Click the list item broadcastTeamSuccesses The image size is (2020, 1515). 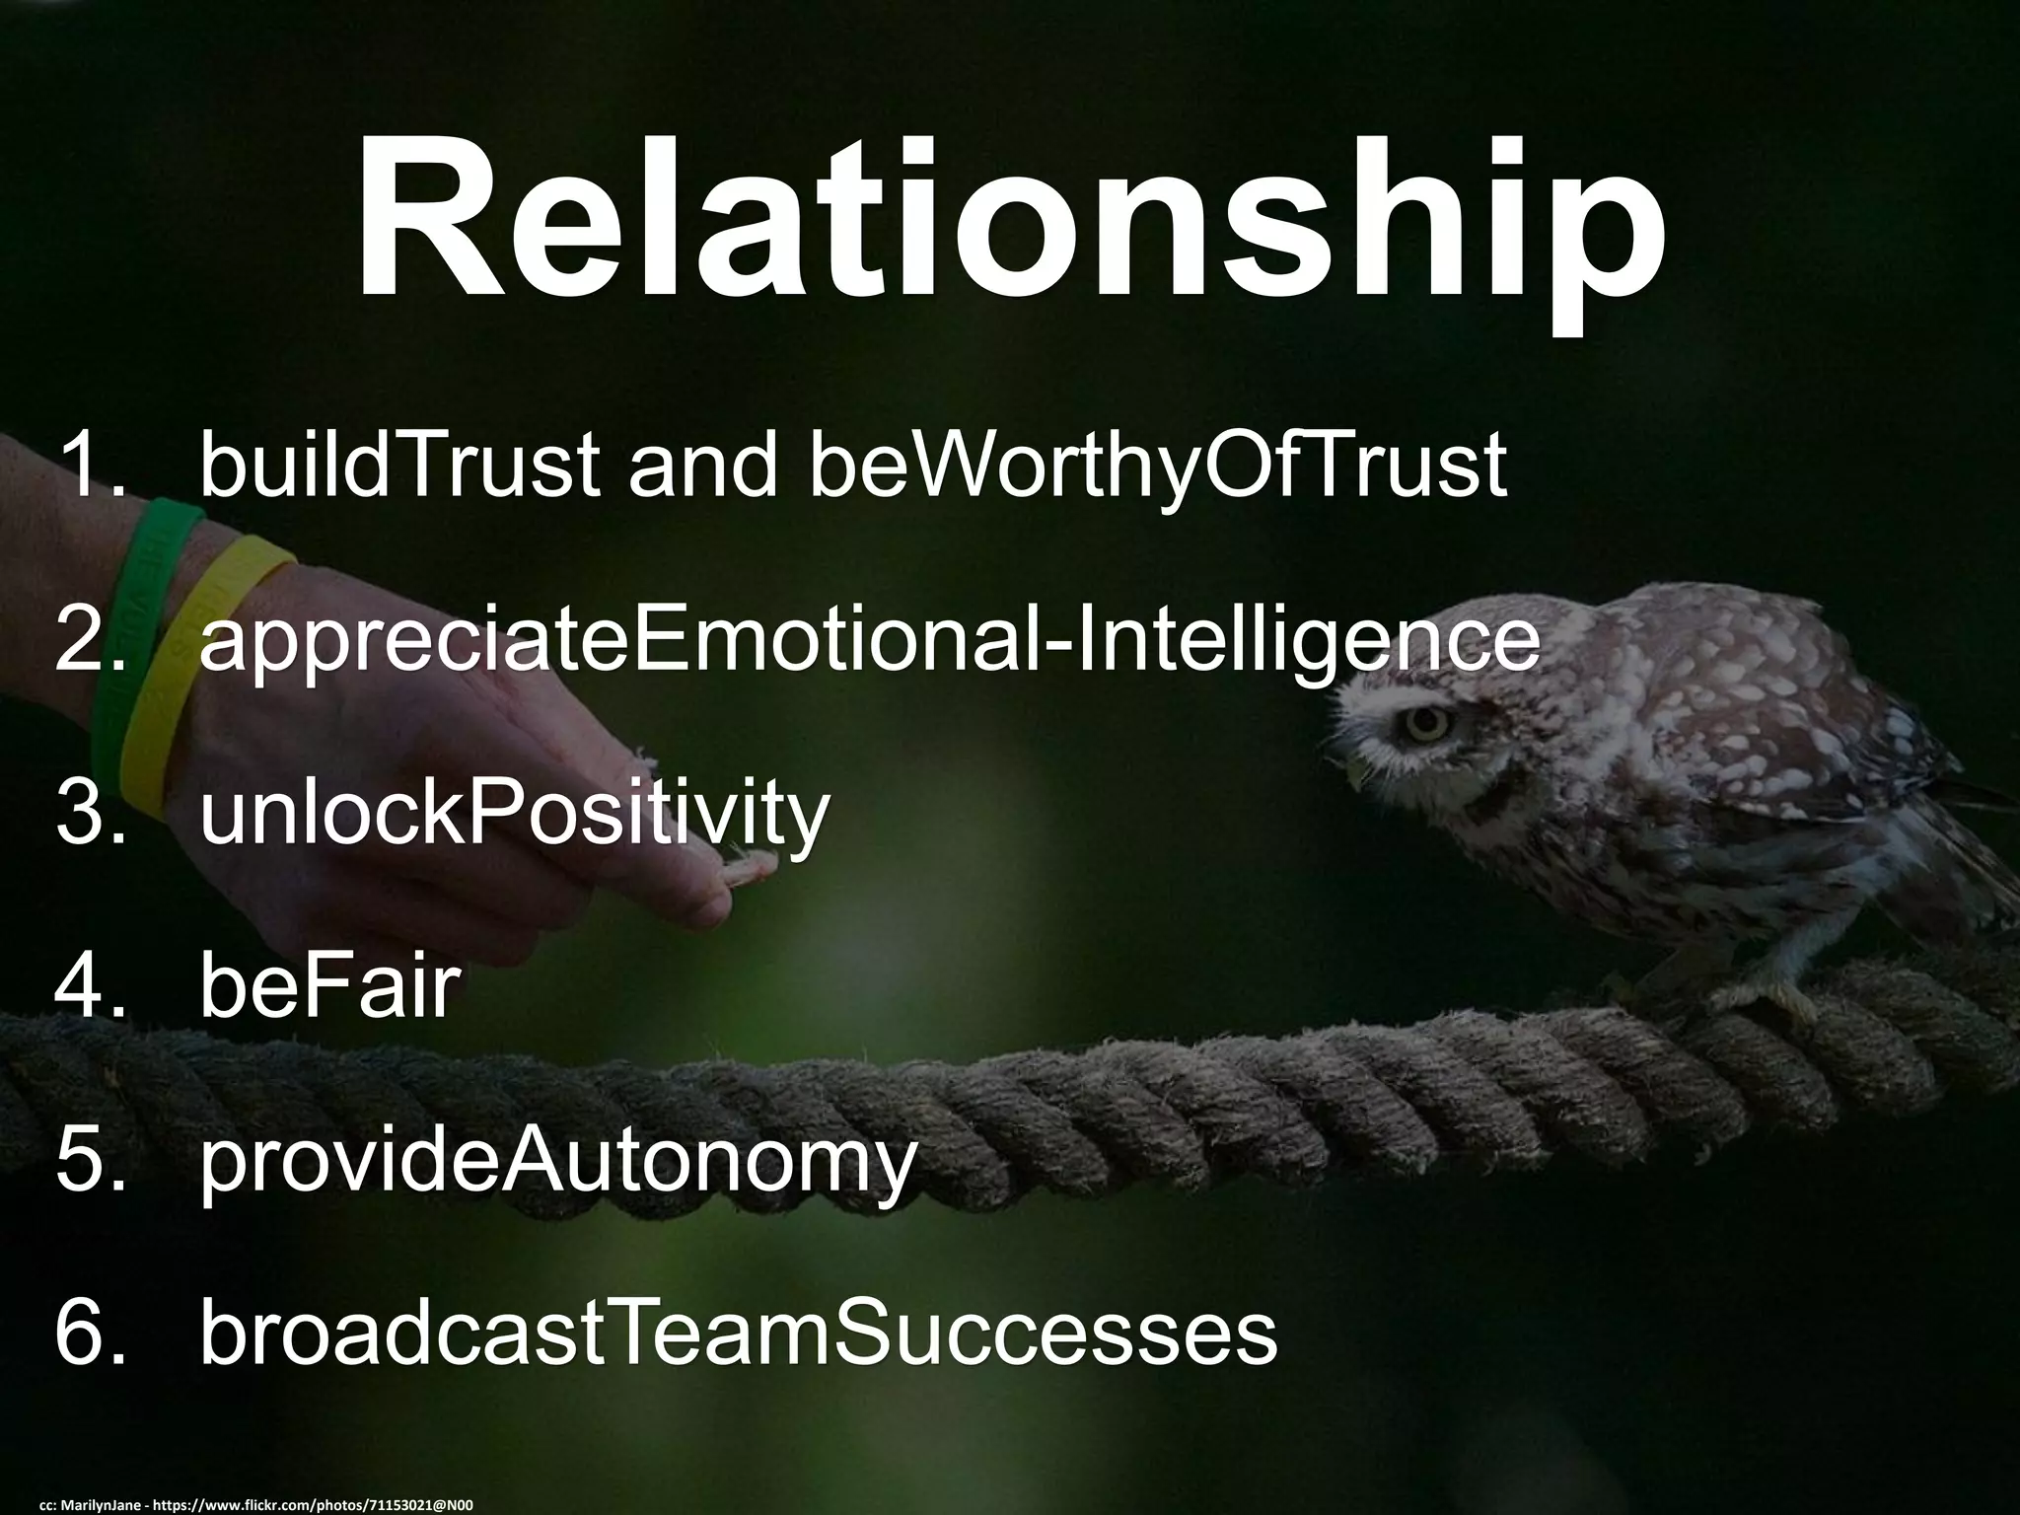(x=738, y=1335)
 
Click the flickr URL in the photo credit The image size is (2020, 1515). (x=326, y=1505)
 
